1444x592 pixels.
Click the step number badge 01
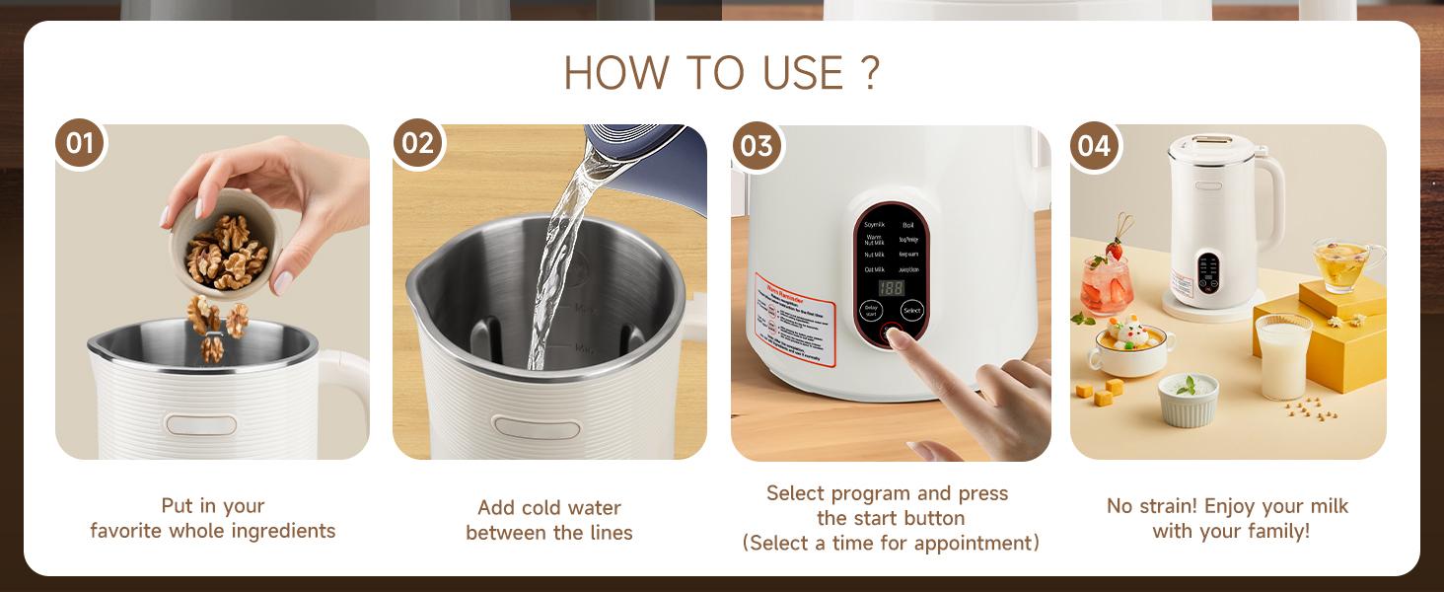pos(80,144)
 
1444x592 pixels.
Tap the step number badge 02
pos(418,144)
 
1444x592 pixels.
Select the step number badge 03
pos(757,146)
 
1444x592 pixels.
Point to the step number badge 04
pos(1095,146)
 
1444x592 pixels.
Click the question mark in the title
pos(869,74)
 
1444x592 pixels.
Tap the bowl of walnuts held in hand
pos(224,247)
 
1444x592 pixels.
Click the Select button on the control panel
pos(912,311)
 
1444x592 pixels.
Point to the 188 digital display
pos(891,288)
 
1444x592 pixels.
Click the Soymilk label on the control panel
pos(875,224)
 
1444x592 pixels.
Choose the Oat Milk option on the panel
pos(874,269)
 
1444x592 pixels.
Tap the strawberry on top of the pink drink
pos(1115,249)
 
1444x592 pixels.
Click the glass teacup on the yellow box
pos(1344,263)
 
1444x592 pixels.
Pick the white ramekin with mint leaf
pos(1188,399)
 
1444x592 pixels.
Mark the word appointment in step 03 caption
pos(978,543)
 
